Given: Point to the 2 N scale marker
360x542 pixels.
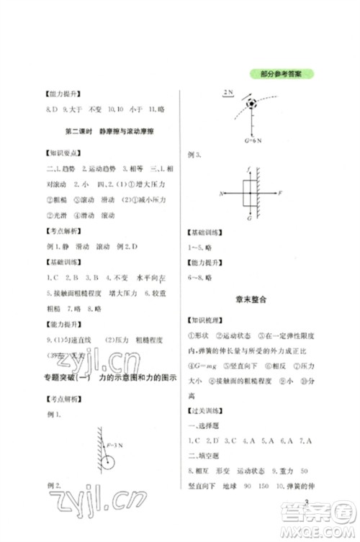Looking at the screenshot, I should click(229, 94).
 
